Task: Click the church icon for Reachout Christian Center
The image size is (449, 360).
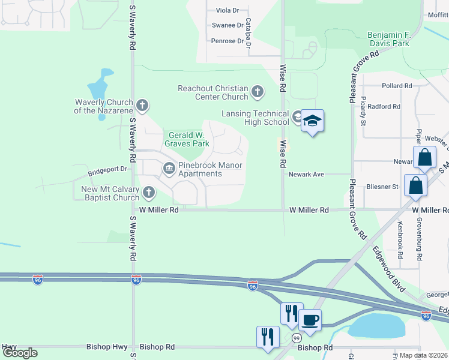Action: (x=258, y=92)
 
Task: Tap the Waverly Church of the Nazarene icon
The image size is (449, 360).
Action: (x=142, y=106)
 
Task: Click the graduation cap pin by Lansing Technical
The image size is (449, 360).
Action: (x=312, y=122)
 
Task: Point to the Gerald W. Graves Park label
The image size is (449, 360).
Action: (x=188, y=139)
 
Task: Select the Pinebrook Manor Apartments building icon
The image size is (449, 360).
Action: (x=169, y=168)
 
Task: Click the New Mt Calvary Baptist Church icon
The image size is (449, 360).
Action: (x=148, y=193)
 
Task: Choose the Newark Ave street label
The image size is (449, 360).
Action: (x=306, y=175)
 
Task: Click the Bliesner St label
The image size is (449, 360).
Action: (x=383, y=187)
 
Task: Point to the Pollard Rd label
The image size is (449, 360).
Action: (x=396, y=86)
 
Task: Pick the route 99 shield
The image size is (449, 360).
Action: (x=297, y=338)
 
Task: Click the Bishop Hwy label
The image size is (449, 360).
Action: (x=9, y=347)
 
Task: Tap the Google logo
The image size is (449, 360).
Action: (x=20, y=353)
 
